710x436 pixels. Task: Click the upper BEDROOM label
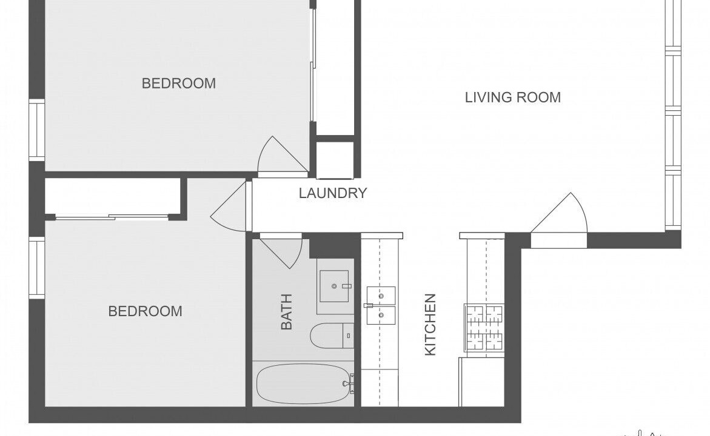(179, 83)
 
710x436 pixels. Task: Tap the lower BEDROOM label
(146, 311)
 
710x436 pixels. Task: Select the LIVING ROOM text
(513, 97)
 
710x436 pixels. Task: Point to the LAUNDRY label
(333, 193)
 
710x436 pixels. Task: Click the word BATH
(287, 312)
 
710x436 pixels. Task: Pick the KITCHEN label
(430, 325)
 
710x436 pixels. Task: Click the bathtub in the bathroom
(303, 384)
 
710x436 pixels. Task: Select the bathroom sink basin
(335, 286)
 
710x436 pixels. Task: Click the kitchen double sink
(381, 305)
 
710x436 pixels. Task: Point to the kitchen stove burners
(484, 328)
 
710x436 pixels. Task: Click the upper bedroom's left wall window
(37, 130)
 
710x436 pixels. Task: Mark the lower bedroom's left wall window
(37, 267)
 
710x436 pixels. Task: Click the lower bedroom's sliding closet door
(112, 217)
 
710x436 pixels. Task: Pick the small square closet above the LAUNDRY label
(335, 160)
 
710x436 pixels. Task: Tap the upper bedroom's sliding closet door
(312, 65)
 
